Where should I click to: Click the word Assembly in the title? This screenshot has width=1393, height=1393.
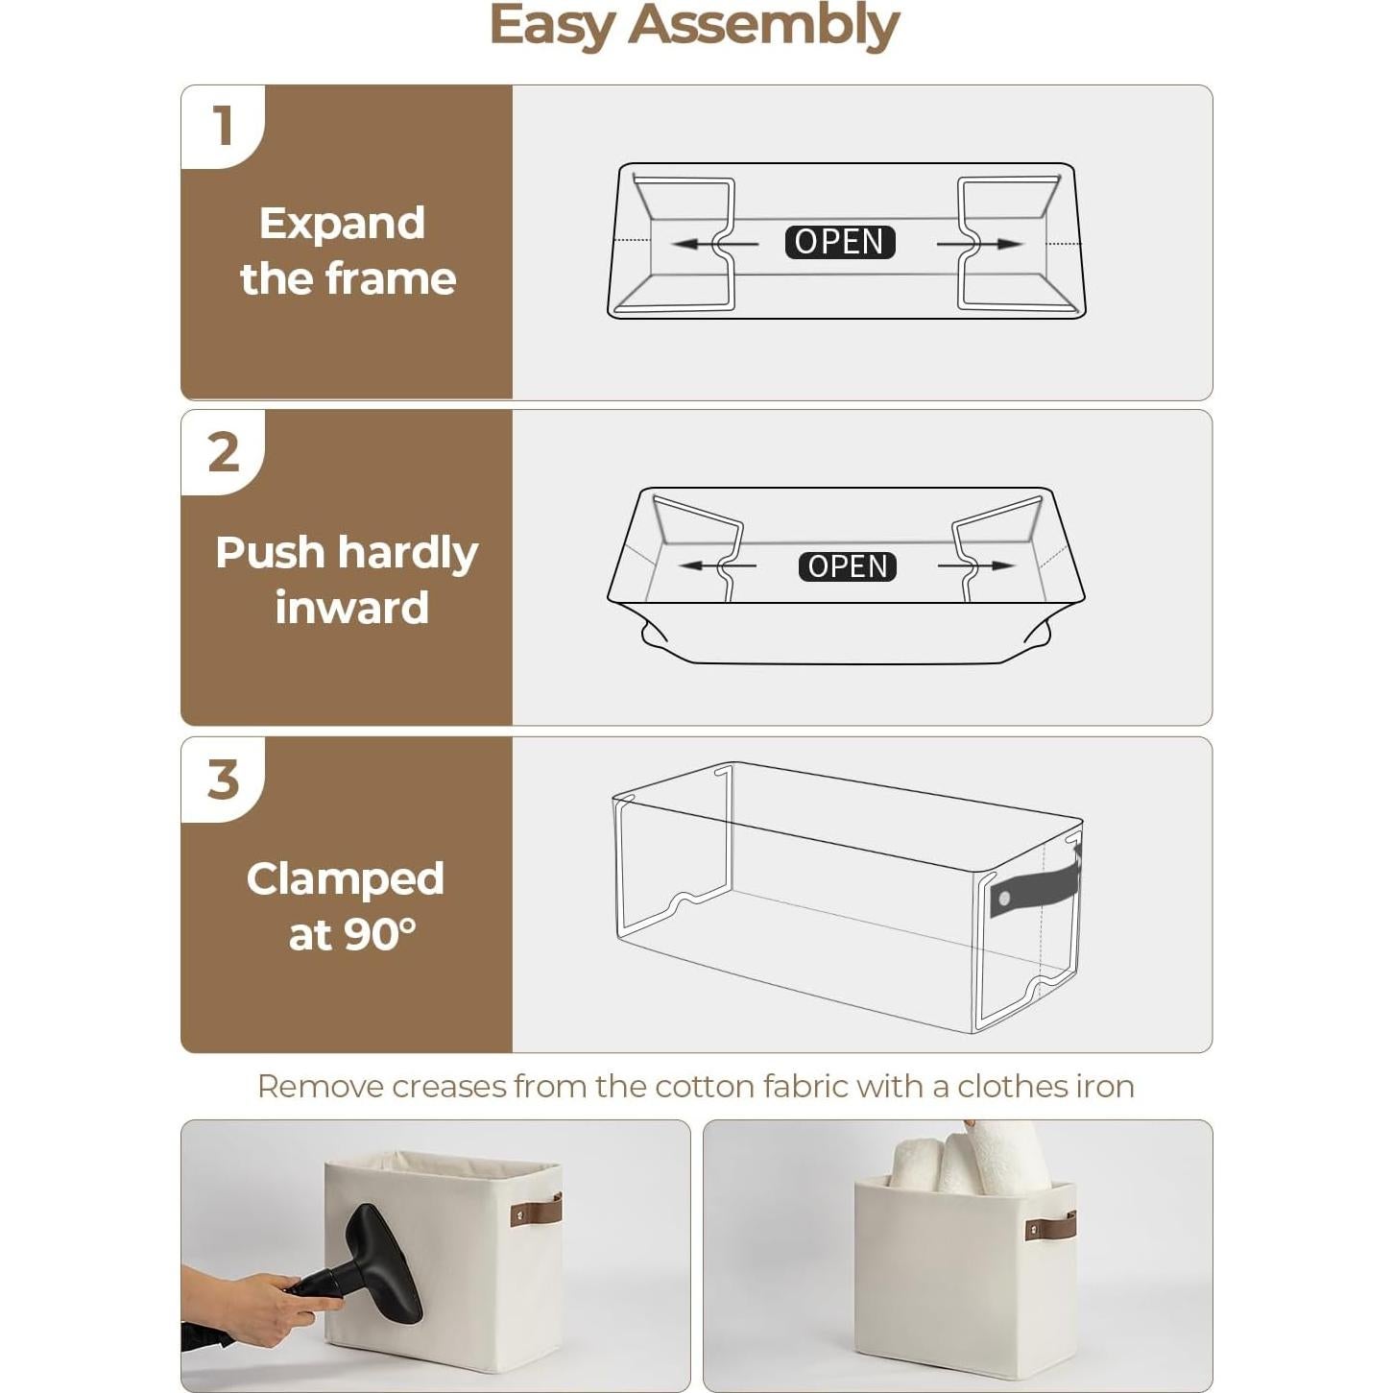coord(763,25)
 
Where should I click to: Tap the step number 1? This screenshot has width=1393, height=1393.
coord(224,126)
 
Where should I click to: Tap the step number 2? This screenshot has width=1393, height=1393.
coord(224,452)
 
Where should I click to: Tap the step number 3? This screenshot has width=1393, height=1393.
coord(224,780)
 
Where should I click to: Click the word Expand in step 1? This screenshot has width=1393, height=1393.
coord(342,224)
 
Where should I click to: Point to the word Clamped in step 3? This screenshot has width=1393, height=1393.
coord(345,878)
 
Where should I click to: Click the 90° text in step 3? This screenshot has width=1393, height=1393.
coord(380,934)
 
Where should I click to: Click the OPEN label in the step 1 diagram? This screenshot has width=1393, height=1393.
coord(839,242)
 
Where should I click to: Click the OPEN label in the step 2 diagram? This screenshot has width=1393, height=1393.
coord(847,566)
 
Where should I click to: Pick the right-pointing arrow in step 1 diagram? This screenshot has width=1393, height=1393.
coord(984,244)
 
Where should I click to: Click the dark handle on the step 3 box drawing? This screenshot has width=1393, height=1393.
coord(1035,888)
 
